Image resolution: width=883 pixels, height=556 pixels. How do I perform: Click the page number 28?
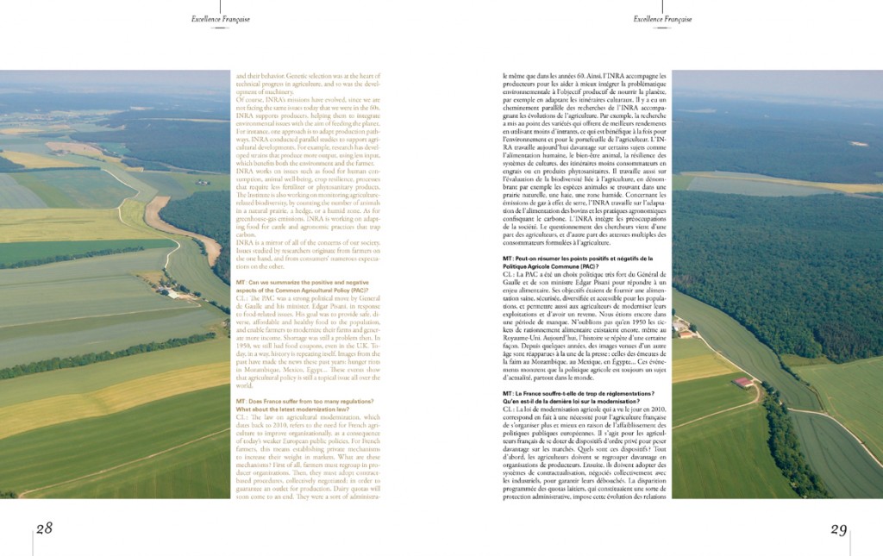point(44,528)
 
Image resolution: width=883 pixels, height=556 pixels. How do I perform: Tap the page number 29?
point(838,529)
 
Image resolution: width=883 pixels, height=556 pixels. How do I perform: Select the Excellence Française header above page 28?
point(221,19)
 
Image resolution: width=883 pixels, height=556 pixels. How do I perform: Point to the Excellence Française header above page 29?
point(662,19)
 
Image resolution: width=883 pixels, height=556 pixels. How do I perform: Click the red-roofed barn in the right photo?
point(742,381)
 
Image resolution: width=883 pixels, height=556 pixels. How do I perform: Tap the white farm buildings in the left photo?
point(169,292)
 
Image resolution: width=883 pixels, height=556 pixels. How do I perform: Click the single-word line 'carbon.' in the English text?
point(247,234)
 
